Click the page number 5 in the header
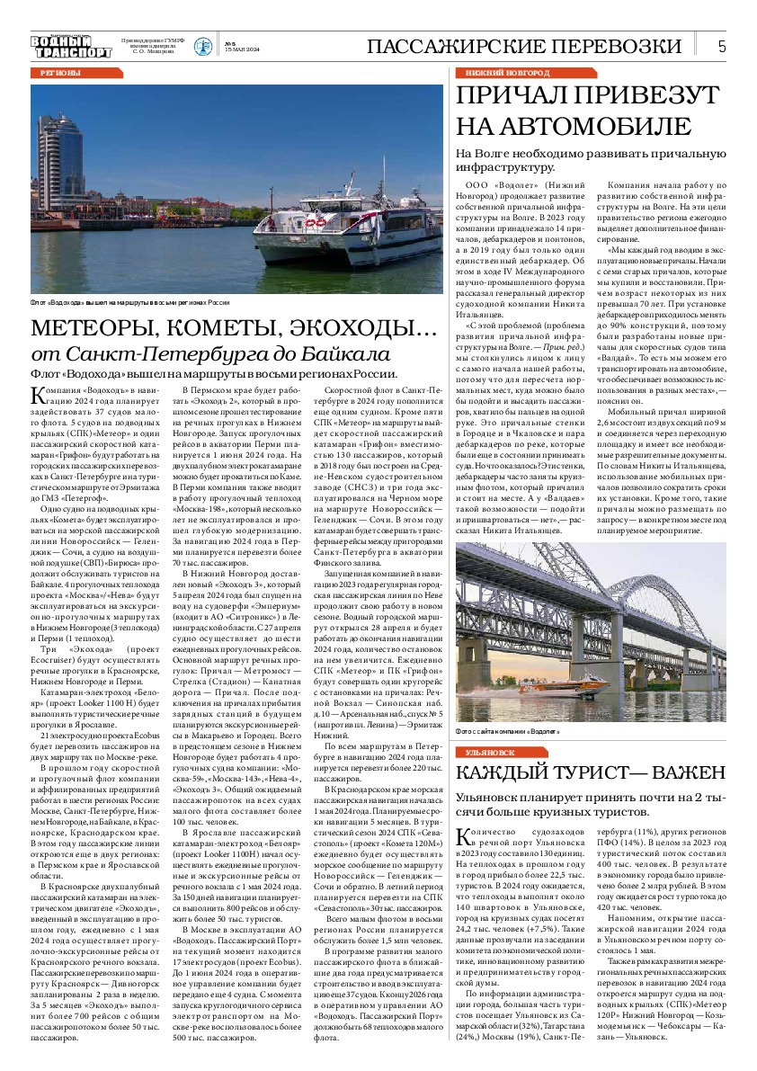(722, 47)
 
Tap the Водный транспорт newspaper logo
(71, 46)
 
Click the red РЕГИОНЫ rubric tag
(60, 72)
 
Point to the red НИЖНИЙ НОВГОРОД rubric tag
(507, 72)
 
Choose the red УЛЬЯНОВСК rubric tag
(490, 752)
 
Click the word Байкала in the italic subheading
(327, 353)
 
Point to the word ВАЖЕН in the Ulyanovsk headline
(681, 772)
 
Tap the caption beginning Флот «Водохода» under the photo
(130, 303)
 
